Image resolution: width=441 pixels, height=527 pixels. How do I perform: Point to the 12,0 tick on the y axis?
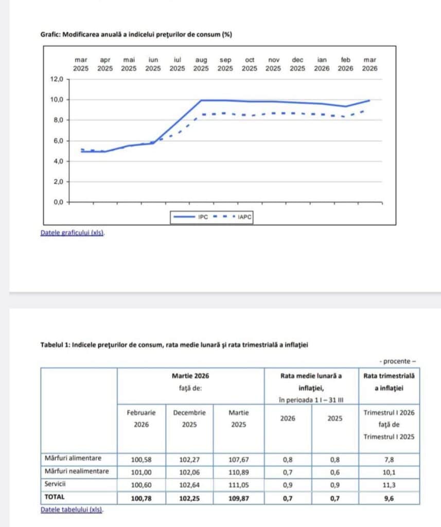(56, 79)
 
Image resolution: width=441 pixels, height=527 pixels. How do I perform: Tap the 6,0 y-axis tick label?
(56, 141)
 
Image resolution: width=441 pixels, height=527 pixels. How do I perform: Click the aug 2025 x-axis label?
(201, 64)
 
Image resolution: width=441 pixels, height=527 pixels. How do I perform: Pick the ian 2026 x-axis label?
(322, 64)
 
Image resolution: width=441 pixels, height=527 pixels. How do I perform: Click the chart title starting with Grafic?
(136, 34)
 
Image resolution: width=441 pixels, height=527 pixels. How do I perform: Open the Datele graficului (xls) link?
(72, 233)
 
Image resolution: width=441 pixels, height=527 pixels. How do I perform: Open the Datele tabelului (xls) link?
(72, 510)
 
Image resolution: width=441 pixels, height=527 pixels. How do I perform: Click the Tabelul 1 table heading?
(174, 345)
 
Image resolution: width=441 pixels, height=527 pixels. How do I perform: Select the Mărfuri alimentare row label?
(73, 458)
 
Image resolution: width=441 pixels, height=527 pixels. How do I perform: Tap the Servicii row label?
(56, 484)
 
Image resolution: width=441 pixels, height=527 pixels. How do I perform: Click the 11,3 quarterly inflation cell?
(389, 485)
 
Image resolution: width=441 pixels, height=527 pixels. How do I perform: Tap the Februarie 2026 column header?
(142, 418)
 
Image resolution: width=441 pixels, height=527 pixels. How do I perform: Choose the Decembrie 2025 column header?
(189, 418)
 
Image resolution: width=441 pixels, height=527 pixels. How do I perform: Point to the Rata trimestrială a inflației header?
(389, 381)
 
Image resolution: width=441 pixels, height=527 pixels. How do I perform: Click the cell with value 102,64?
(189, 485)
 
